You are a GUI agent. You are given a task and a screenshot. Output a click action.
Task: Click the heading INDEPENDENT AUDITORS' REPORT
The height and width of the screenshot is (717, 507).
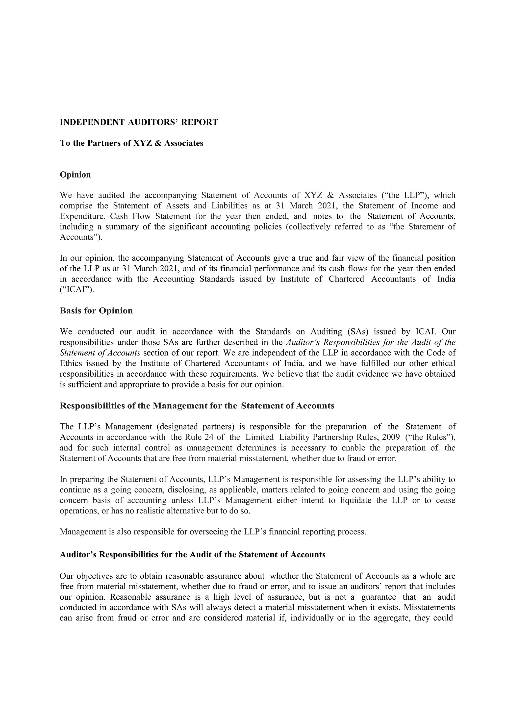pos(139,122)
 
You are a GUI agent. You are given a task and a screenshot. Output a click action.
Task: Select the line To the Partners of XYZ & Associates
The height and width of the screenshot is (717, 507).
pos(131,143)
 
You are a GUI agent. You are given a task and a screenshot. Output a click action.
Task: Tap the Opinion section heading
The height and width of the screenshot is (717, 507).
pos(75,175)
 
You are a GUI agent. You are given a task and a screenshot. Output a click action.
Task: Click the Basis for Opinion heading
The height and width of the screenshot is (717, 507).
pos(96,311)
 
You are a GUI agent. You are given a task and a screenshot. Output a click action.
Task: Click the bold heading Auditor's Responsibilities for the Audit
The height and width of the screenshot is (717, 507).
pos(192,555)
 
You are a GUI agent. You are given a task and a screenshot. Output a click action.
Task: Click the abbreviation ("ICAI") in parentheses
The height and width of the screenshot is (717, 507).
pos(76,290)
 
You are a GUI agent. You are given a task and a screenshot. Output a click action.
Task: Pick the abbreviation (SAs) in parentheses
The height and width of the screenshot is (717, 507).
pos(355,332)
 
